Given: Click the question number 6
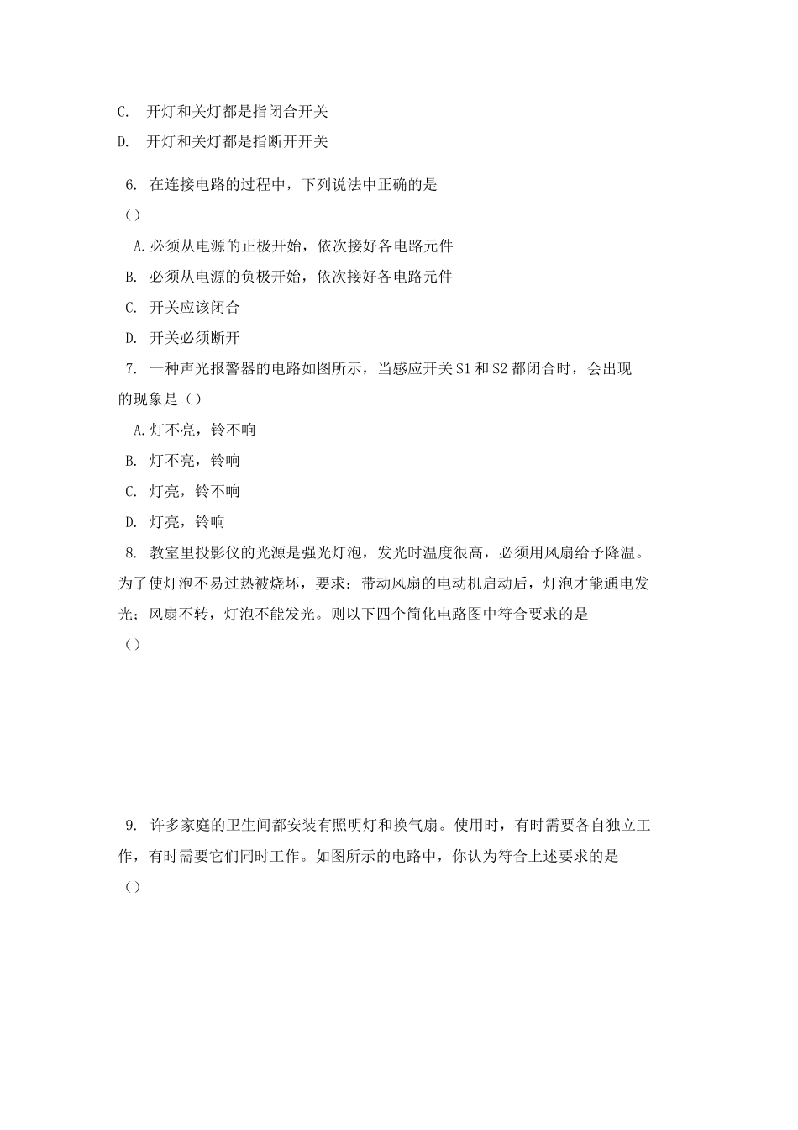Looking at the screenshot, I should tap(130, 185).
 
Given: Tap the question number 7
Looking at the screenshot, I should tap(130, 368).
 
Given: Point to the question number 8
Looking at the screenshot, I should tap(130, 552).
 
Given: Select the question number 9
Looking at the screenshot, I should tap(130, 826).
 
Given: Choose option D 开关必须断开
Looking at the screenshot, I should tap(183, 338).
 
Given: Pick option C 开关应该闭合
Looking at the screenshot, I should tap(183, 308).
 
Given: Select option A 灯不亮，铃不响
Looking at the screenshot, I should tap(195, 430).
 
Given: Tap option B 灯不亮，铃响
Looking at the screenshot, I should tap(183, 461).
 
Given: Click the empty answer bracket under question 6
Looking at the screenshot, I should tap(132, 215).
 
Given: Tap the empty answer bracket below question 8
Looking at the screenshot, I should tap(132, 645).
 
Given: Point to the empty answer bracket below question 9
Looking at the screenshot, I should tap(132, 888).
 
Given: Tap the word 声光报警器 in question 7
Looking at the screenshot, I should tap(218, 368).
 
